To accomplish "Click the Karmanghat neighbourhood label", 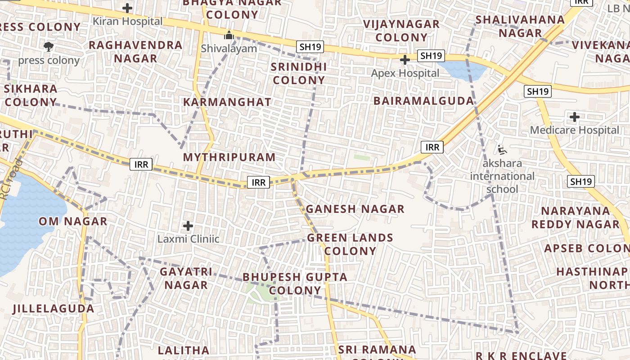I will coord(227,102).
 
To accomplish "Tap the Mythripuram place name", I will coord(229,157).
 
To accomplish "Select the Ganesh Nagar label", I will coord(355,209).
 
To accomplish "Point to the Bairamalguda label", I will coord(424,101).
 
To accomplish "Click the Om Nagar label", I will coord(73,221).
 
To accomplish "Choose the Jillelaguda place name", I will coord(54,309).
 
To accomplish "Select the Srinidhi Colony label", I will coord(298,74).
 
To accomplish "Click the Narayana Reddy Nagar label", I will coord(575,217).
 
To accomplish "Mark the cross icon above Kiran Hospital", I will coord(128,8).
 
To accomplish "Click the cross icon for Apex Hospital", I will coord(405,60).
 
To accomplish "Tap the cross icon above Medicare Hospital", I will coord(574,117).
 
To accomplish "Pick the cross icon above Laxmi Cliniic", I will coord(188,226).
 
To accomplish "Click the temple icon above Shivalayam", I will coord(229,35).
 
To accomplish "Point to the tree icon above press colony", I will coord(49,46).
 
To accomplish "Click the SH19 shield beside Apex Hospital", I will coord(431,56).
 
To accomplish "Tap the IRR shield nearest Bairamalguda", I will coord(432,147).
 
